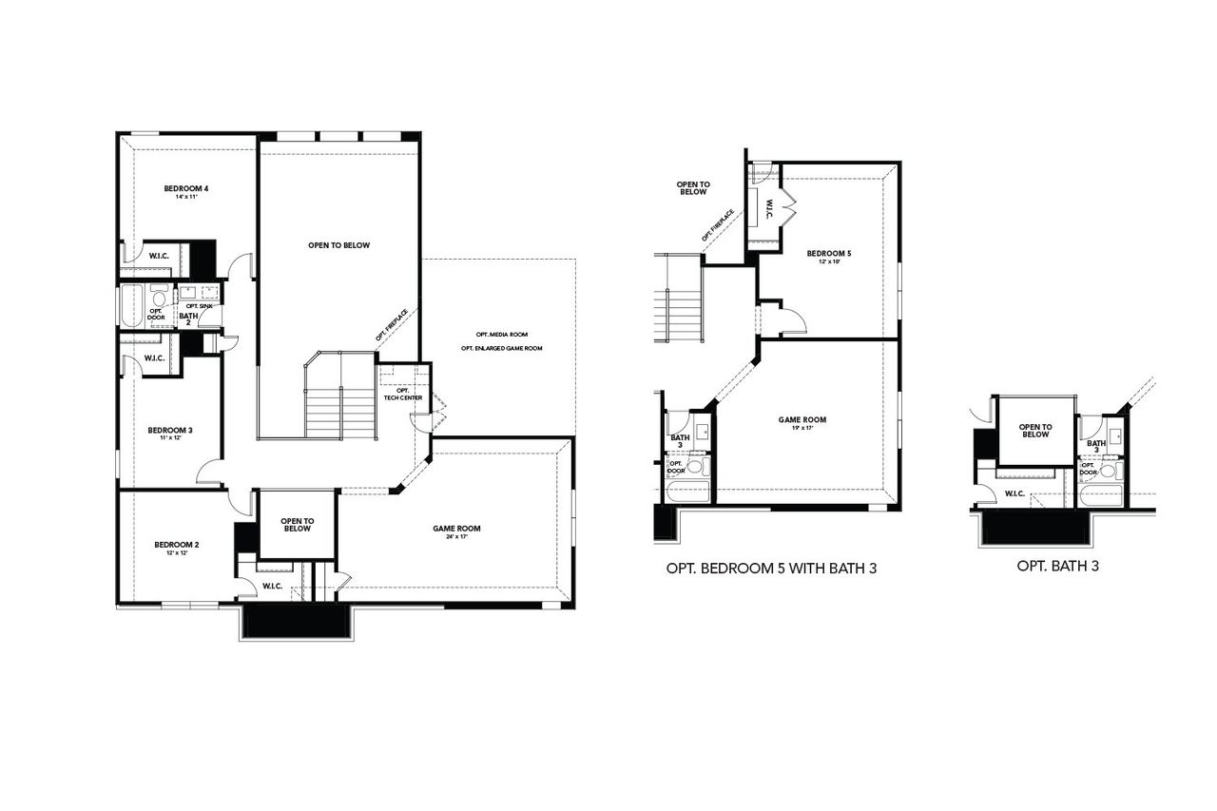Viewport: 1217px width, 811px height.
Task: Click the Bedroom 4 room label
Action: (x=185, y=188)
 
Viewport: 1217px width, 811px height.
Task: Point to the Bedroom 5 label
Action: (x=829, y=253)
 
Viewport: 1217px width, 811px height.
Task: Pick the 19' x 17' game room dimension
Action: (x=802, y=429)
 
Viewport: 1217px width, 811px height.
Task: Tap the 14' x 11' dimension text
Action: (x=185, y=198)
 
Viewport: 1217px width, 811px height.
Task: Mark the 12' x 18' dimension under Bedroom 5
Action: (x=829, y=261)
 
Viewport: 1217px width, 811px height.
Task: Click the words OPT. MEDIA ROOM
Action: (x=501, y=335)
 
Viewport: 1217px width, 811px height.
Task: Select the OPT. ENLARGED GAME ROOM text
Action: (x=501, y=349)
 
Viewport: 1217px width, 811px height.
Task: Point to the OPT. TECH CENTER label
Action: (x=403, y=394)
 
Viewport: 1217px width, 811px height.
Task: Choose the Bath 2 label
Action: (x=188, y=319)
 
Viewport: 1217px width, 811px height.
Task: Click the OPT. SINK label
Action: (x=200, y=305)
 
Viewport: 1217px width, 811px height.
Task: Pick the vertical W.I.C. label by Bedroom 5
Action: (x=768, y=207)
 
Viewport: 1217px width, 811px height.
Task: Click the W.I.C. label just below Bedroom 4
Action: (x=158, y=256)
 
